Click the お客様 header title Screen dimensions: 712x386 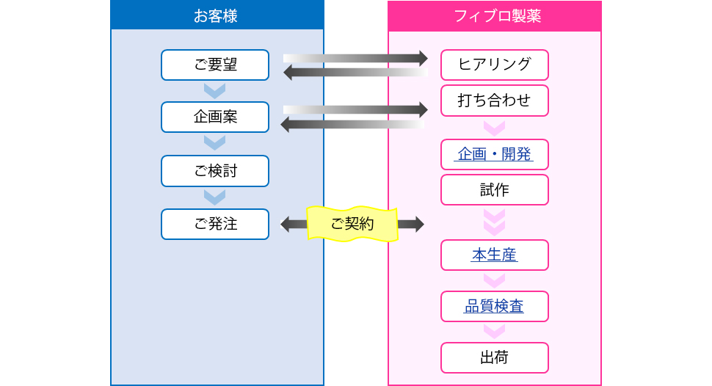(x=216, y=16)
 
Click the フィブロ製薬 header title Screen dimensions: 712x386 (x=497, y=16)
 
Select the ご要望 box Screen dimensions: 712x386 (x=215, y=65)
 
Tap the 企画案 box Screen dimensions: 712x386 (x=215, y=117)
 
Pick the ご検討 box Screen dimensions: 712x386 (x=215, y=171)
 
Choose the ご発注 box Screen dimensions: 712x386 (x=215, y=225)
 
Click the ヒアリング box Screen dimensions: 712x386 (x=495, y=65)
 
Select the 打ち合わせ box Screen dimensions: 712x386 (x=495, y=101)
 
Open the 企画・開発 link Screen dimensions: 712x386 (x=495, y=154)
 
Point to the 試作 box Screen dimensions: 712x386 (x=495, y=190)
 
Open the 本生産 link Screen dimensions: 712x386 (x=495, y=255)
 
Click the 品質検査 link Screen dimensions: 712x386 (x=495, y=307)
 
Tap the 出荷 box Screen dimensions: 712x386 (x=495, y=358)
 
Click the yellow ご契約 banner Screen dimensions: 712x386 (x=352, y=224)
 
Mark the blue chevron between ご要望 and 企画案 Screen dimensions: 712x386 (x=215, y=91)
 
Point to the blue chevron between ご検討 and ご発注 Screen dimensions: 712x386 (x=215, y=197)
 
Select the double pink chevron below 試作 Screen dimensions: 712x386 (x=495, y=222)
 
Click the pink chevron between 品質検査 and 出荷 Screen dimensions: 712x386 (x=495, y=332)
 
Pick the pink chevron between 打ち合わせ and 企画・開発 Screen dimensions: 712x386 (x=495, y=128)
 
